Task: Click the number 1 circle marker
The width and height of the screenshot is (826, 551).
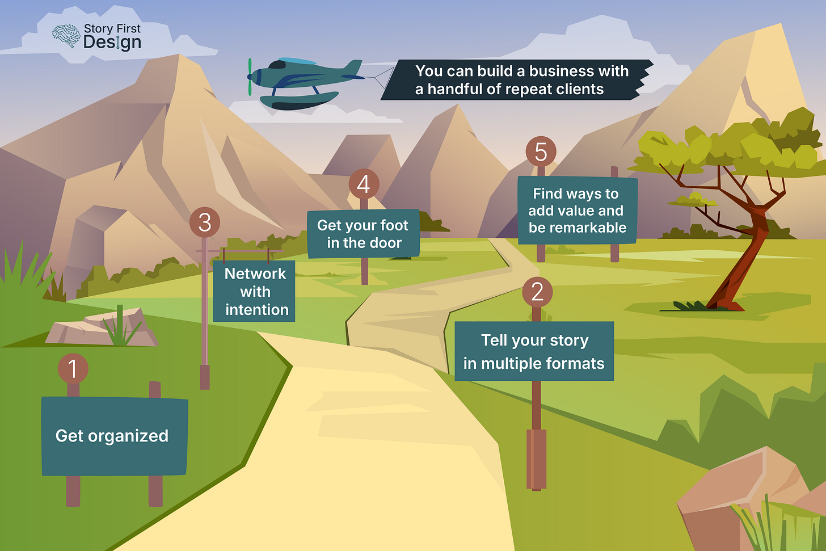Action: (x=73, y=368)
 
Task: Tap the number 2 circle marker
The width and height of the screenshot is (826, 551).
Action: (x=537, y=292)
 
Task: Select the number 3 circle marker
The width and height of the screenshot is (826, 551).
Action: (x=204, y=222)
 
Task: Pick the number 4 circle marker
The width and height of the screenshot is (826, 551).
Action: (x=364, y=184)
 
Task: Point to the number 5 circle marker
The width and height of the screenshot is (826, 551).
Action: (x=541, y=152)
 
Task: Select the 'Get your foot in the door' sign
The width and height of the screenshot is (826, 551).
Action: (x=363, y=233)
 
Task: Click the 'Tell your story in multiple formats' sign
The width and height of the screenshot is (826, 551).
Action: (x=534, y=351)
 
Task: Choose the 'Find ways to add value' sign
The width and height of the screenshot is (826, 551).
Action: (x=577, y=211)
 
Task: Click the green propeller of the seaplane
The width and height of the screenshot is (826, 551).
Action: (x=249, y=77)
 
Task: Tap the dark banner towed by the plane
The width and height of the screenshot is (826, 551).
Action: (x=516, y=80)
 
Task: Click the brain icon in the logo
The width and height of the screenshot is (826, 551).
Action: (x=66, y=36)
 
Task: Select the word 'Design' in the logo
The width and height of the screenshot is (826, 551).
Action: (x=112, y=43)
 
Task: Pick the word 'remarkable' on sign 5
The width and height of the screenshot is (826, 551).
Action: (x=578, y=228)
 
